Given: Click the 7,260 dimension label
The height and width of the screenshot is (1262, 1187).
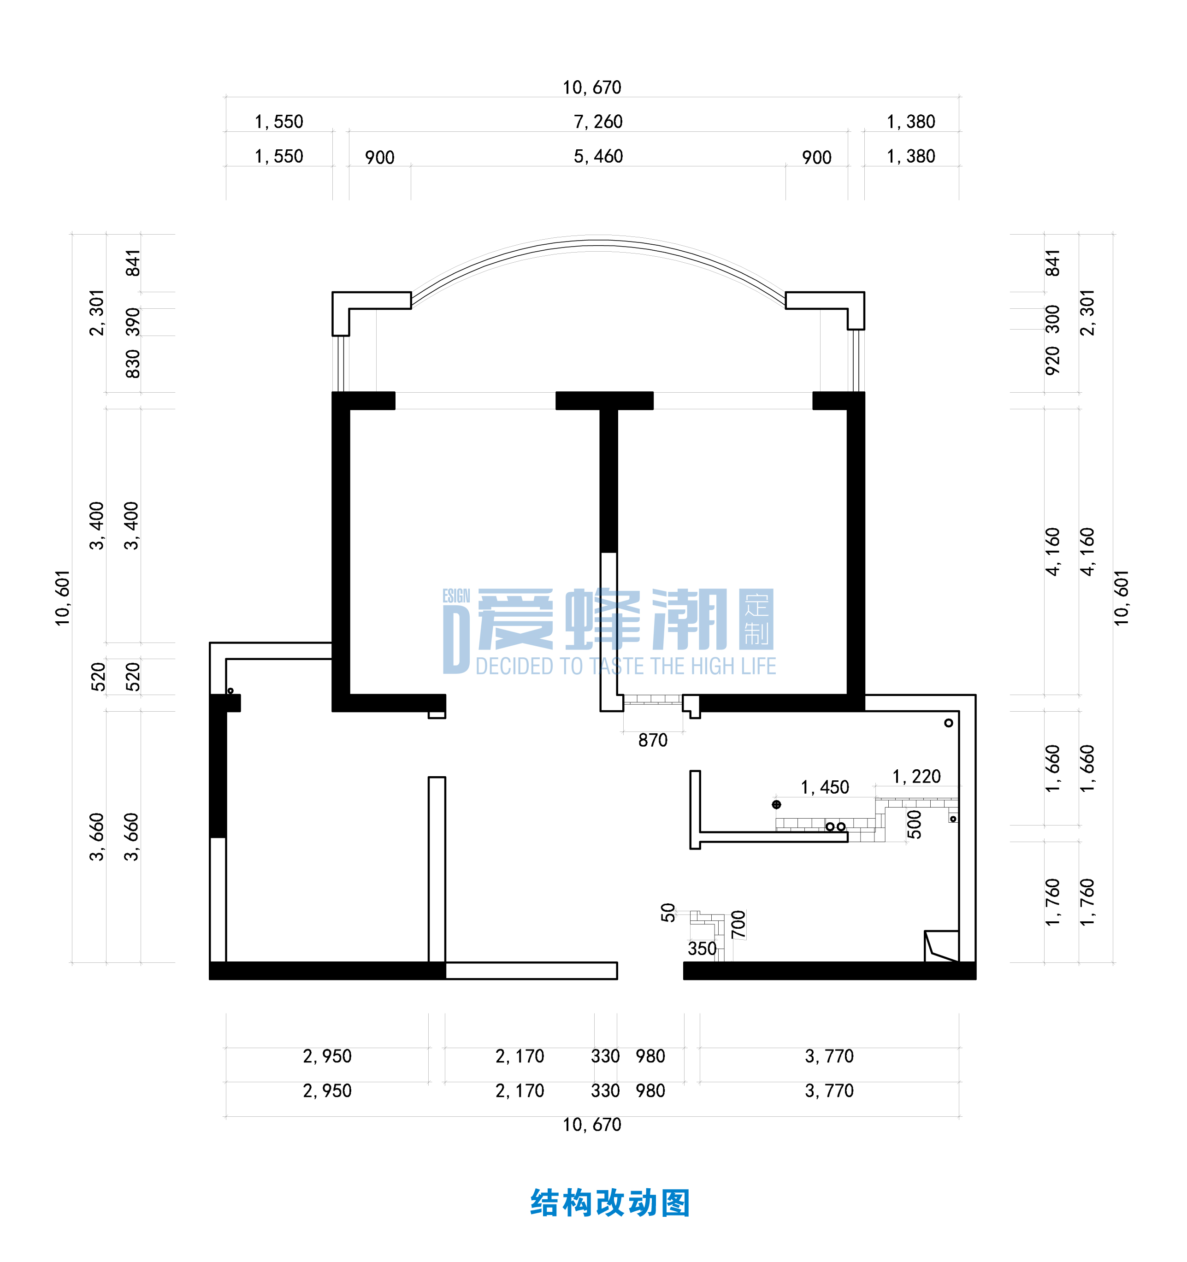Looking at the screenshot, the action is click(598, 121).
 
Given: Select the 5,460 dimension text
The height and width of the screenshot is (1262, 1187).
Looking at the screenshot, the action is click(598, 156).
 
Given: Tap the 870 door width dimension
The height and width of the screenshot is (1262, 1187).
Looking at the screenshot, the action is click(653, 740).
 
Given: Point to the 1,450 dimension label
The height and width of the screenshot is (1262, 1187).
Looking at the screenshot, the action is click(825, 787).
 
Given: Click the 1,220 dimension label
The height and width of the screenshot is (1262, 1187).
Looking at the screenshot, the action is click(916, 776).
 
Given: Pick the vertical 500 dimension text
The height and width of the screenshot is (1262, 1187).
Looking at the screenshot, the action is click(914, 824).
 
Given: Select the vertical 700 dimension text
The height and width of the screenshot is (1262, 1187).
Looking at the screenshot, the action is click(738, 924).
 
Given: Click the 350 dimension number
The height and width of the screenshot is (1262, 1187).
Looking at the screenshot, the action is click(702, 949).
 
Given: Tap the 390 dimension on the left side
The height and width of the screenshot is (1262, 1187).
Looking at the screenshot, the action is click(132, 321).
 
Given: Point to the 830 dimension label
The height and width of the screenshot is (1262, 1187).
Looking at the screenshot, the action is click(132, 364).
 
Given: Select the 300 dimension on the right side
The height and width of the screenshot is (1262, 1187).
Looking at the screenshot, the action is click(1052, 319).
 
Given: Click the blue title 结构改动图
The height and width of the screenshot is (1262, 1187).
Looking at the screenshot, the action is click(610, 1203).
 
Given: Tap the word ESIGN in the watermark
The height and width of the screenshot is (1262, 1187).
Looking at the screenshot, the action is click(456, 596).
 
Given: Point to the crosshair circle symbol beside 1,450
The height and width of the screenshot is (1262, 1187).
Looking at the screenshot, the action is click(776, 804).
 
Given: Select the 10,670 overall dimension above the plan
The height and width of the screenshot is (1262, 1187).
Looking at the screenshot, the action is click(591, 88).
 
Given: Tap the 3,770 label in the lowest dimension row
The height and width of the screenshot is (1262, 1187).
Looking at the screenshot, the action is click(829, 1091).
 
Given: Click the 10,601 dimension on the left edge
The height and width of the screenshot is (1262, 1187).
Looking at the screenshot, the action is click(62, 598).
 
